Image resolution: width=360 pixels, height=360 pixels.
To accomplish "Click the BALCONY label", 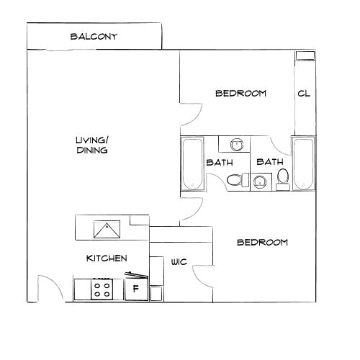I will pyautogui.click(x=94, y=37).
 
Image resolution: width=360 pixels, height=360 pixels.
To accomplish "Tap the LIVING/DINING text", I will pyautogui.click(x=91, y=145).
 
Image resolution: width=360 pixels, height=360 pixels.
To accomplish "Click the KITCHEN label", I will pyautogui.click(x=107, y=258).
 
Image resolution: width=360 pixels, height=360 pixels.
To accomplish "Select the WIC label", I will pyautogui.click(x=179, y=262).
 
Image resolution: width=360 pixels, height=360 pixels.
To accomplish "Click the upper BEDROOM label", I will pyautogui.click(x=241, y=94).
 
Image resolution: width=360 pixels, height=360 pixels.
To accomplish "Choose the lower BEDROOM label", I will pyautogui.click(x=262, y=243).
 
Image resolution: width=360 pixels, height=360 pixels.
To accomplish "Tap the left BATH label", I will pyautogui.click(x=218, y=163).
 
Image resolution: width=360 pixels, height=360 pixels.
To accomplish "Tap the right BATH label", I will pyautogui.click(x=269, y=163).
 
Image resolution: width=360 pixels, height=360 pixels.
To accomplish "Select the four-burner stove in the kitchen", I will pyautogui.click(x=102, y=290).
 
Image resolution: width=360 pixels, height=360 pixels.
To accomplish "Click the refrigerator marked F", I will pyautogui.click(x=134, y=291).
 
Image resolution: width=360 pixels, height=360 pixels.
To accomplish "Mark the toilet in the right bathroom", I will pyautogui.click(x=283, y=177).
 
